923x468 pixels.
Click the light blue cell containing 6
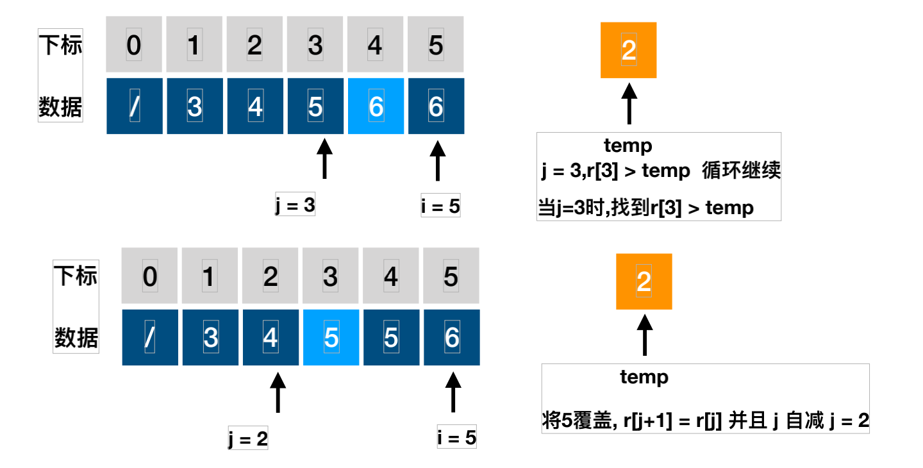(x=376, y=106)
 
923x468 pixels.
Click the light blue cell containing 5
(x=331, y=337)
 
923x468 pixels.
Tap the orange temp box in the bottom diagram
(x=644, y=281)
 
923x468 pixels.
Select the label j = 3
(x=294, y=205)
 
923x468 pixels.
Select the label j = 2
(x=247, y=439)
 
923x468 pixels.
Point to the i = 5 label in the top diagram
(x=440, y=206)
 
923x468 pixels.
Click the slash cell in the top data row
(x=134, y=106)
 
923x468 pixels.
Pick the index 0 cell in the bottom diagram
(x=149, y=277)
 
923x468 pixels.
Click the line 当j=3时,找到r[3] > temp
(x=645, y=208)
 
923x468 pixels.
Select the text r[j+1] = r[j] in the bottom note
(x=672, y=421)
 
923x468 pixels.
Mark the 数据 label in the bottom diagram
(x=76, y=337)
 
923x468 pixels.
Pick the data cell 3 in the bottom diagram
(x=210, y=337)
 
